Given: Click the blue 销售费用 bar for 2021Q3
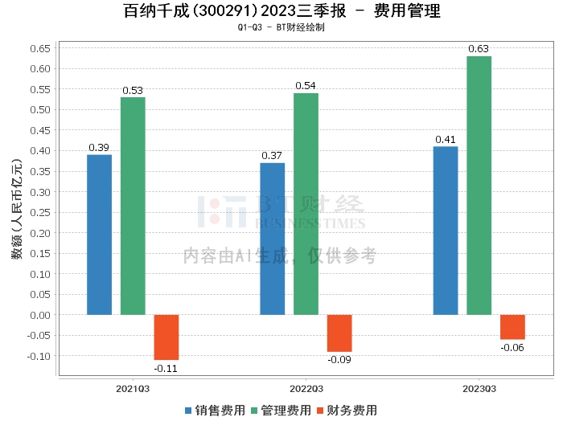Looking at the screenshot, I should [99, 235].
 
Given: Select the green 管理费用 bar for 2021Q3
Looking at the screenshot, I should [133, 206].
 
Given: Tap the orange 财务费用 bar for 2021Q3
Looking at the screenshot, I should [166, 337].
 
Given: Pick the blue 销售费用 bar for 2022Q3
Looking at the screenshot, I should [272, 239].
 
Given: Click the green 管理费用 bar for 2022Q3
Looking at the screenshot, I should [306, 204].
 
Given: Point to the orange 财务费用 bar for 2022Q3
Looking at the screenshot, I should [339, 333].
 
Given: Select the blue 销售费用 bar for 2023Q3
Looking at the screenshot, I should [445, 231].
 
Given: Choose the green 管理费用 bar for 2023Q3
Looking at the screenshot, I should [479, 186].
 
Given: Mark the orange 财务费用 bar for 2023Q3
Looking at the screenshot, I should [512, 327].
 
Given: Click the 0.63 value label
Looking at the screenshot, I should [479, 49].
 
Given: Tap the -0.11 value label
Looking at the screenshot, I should [166, 368].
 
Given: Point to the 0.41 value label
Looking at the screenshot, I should [445, 140].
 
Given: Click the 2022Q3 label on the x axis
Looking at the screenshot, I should [306, 388].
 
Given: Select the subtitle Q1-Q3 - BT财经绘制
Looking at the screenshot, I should [281, 27].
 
